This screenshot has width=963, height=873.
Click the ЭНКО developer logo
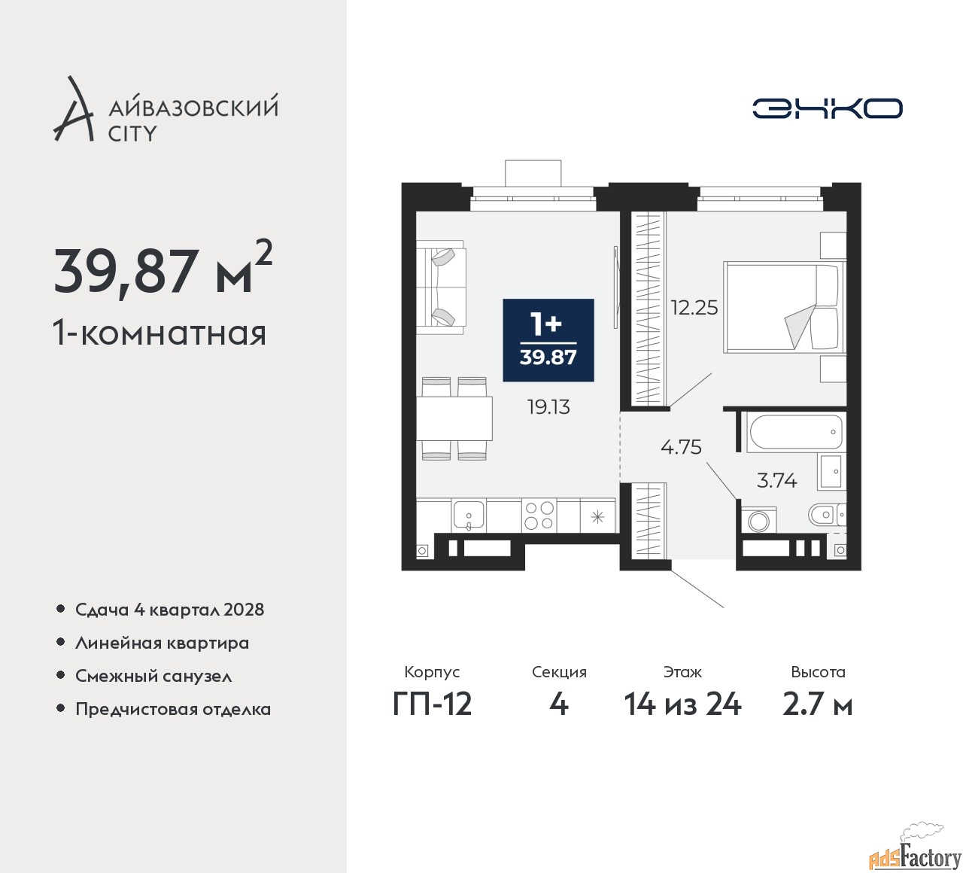827,108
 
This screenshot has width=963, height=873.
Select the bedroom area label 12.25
694,307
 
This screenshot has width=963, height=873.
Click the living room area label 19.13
548,407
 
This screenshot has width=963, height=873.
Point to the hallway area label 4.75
681,447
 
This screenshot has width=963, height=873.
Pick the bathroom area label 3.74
776,480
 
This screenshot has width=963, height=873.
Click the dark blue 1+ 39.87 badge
548,340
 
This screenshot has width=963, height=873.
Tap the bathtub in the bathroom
795,433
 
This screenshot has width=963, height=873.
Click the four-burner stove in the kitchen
539,516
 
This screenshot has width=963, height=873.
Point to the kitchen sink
469,516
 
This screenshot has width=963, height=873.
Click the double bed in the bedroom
782,306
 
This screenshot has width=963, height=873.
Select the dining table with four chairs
454,418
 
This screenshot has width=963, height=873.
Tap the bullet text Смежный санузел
153,676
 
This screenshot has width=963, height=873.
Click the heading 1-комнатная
159,332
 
